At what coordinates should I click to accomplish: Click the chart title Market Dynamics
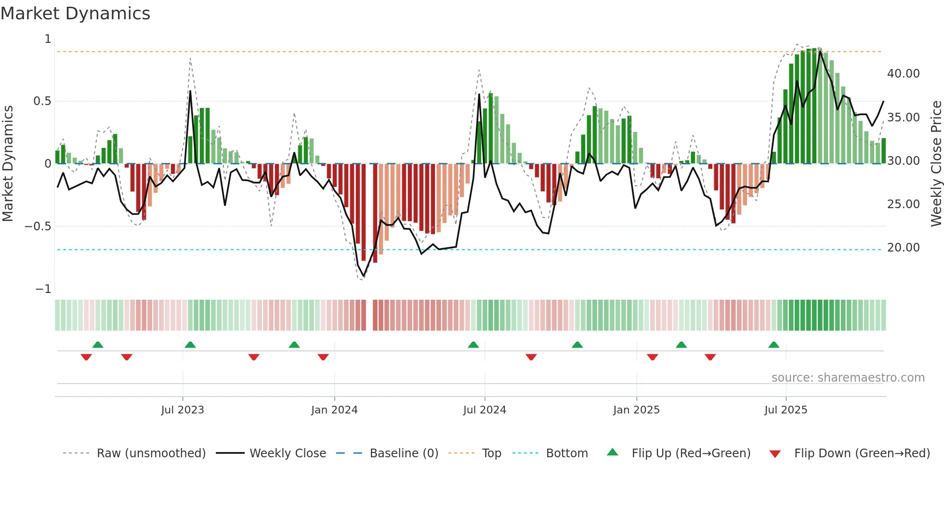click(x=75, y=13)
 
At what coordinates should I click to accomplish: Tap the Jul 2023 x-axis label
click(x=183, y=410)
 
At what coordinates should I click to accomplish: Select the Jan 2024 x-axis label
click(x=334, y=410)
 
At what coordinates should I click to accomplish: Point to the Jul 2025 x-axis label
click(x=786, y=410)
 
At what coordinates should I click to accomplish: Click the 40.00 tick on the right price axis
click(x=903, y=74)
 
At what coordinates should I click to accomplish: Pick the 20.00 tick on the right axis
click(x=903, y=248)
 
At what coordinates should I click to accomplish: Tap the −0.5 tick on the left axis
click(x=38, y=226)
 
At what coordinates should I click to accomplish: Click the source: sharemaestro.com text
click(x=848, y=378)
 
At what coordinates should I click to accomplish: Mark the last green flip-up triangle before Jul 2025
click(x=774, y=345)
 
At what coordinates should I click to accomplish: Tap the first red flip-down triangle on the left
click(x=86, y=357)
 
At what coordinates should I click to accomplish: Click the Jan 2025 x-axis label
click(x=636, y=410)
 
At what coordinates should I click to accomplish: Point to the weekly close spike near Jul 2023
click(x=190, y=92)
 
